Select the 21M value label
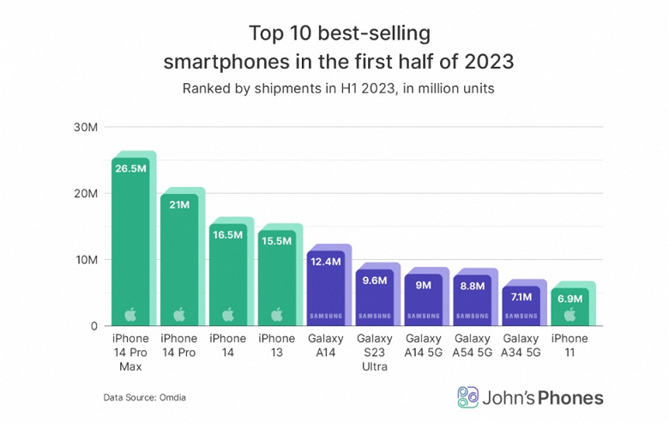(x=179, y=204)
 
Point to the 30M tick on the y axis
(x=87, y=127)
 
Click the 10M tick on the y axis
(x=87, y=260)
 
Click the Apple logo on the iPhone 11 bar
(x=570, y=314)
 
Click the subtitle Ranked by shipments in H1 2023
(x=338, y=89)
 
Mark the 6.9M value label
(x=570, y=298)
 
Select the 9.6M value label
(x=375, y=280)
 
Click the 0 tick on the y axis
(x=93, y=326)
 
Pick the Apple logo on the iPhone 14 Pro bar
(x=179, y=314)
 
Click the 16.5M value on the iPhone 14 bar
(x=228, y=233)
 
